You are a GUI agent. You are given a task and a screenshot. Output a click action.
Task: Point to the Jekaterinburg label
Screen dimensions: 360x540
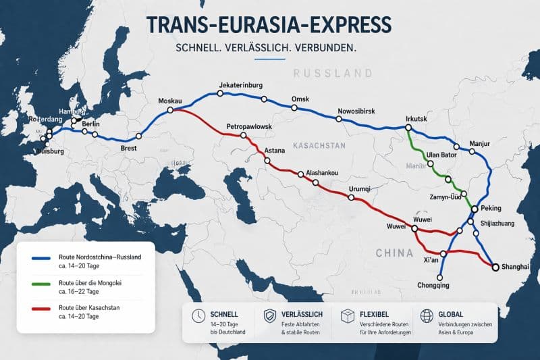click(x=244, y=85)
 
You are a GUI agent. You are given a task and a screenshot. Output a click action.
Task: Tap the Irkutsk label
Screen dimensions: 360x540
click(x=417, y=119)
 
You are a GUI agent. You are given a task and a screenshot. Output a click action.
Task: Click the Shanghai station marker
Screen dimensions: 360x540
click(x=495, y=267)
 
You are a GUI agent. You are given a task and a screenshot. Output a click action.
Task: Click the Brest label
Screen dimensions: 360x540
click(x=128, y=148)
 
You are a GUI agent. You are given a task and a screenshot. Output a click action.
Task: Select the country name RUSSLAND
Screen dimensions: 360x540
click(x=333, y=72)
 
